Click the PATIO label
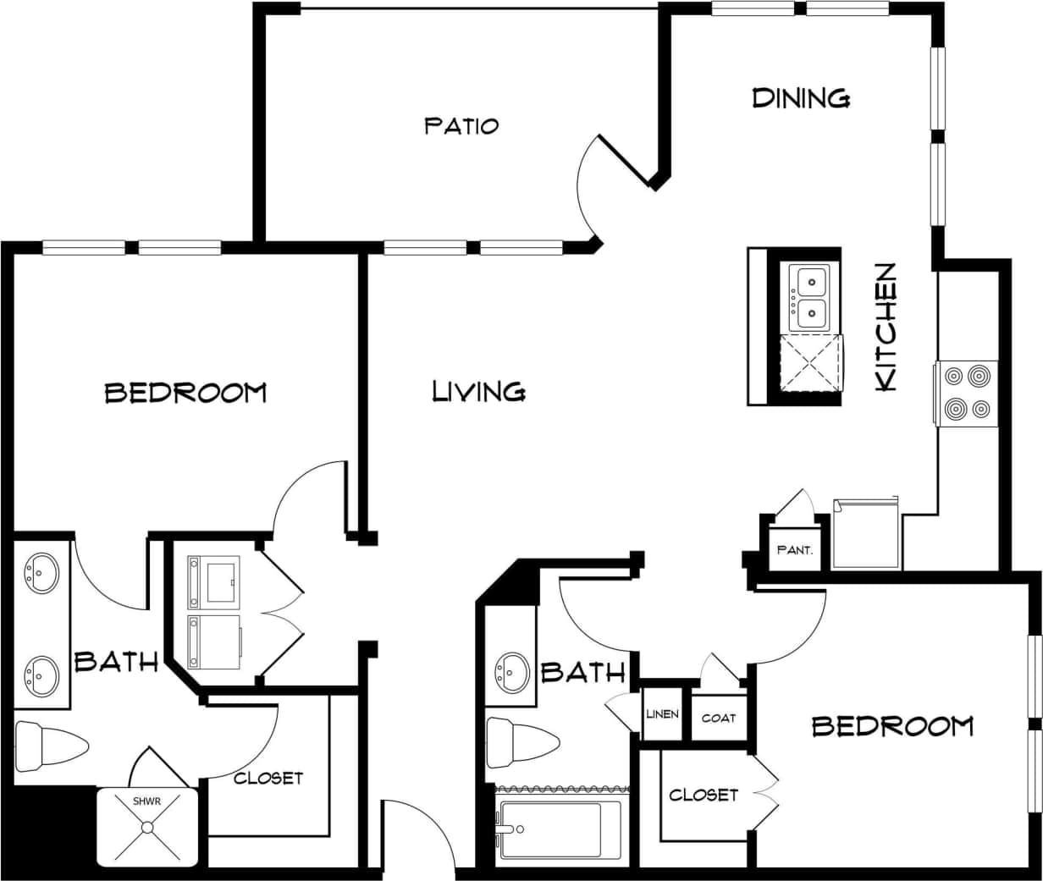(461, 126)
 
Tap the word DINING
(801, 98)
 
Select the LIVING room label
(478, 391)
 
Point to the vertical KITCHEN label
(885, 327)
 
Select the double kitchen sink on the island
(808, 297)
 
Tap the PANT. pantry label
(794, 550)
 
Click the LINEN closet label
(662, 714)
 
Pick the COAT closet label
(719, 718)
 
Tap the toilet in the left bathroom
(51, 746)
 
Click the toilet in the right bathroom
(522, 742)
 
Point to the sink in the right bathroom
(511, 672)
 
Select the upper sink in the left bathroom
(41, 573)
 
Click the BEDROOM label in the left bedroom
(185, 393)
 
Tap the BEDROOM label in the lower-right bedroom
(892, 726)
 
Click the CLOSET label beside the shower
(268, 777)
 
